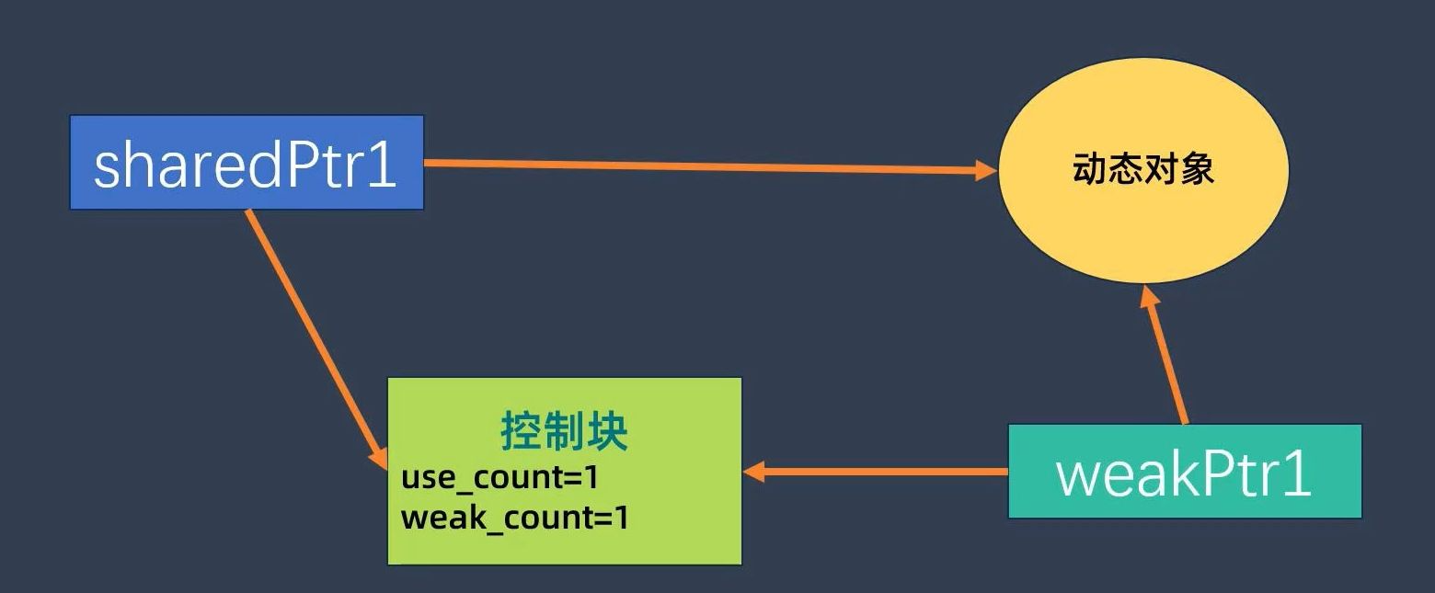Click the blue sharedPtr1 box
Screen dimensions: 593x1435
tap(247, 163)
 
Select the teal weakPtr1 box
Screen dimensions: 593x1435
tap(1185, 472)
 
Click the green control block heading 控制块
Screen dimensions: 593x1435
tap(564, 431)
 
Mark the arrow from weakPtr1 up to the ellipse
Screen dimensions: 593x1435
tap(1166, 359)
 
